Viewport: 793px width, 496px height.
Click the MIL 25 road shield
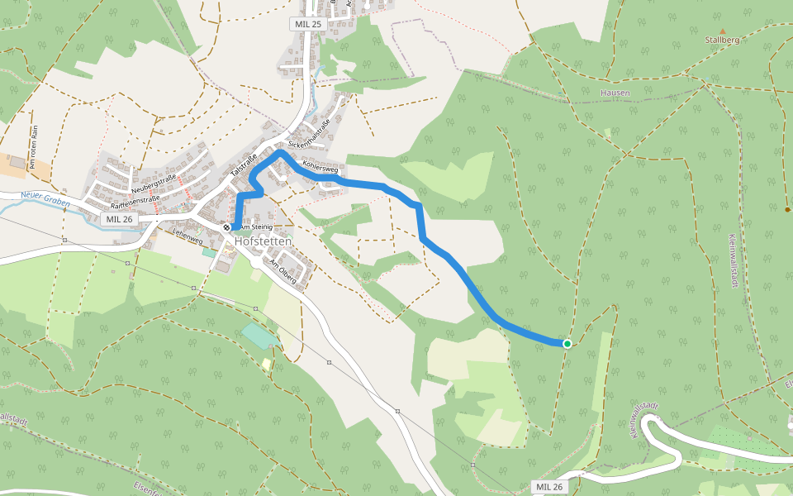pyautogui.click(x=306, y=24)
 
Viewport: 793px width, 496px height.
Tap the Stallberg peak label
pyautogui.click(x=722, y=40)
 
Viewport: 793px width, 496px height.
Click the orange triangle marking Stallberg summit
pyautogui.click(x=722, y=31)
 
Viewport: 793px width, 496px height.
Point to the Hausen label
pyautogui.click(x=615, y=93)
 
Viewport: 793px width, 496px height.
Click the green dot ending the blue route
pyautogui.click(x=567, y=343)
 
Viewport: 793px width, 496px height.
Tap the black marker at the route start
pyautogui.click(x=226, y=227)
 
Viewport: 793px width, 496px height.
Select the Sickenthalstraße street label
pyautogui.click(x=310, y=135)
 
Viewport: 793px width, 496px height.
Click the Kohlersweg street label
pyautogui.click(x=321, y=167)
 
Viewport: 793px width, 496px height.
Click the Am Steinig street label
pyautogui.click(x=256, y=227)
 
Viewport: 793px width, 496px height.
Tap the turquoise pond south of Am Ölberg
pyautogui.click(x=260, y=336)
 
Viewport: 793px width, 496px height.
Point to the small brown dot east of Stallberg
pyautogui.click(x=786, y=209)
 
